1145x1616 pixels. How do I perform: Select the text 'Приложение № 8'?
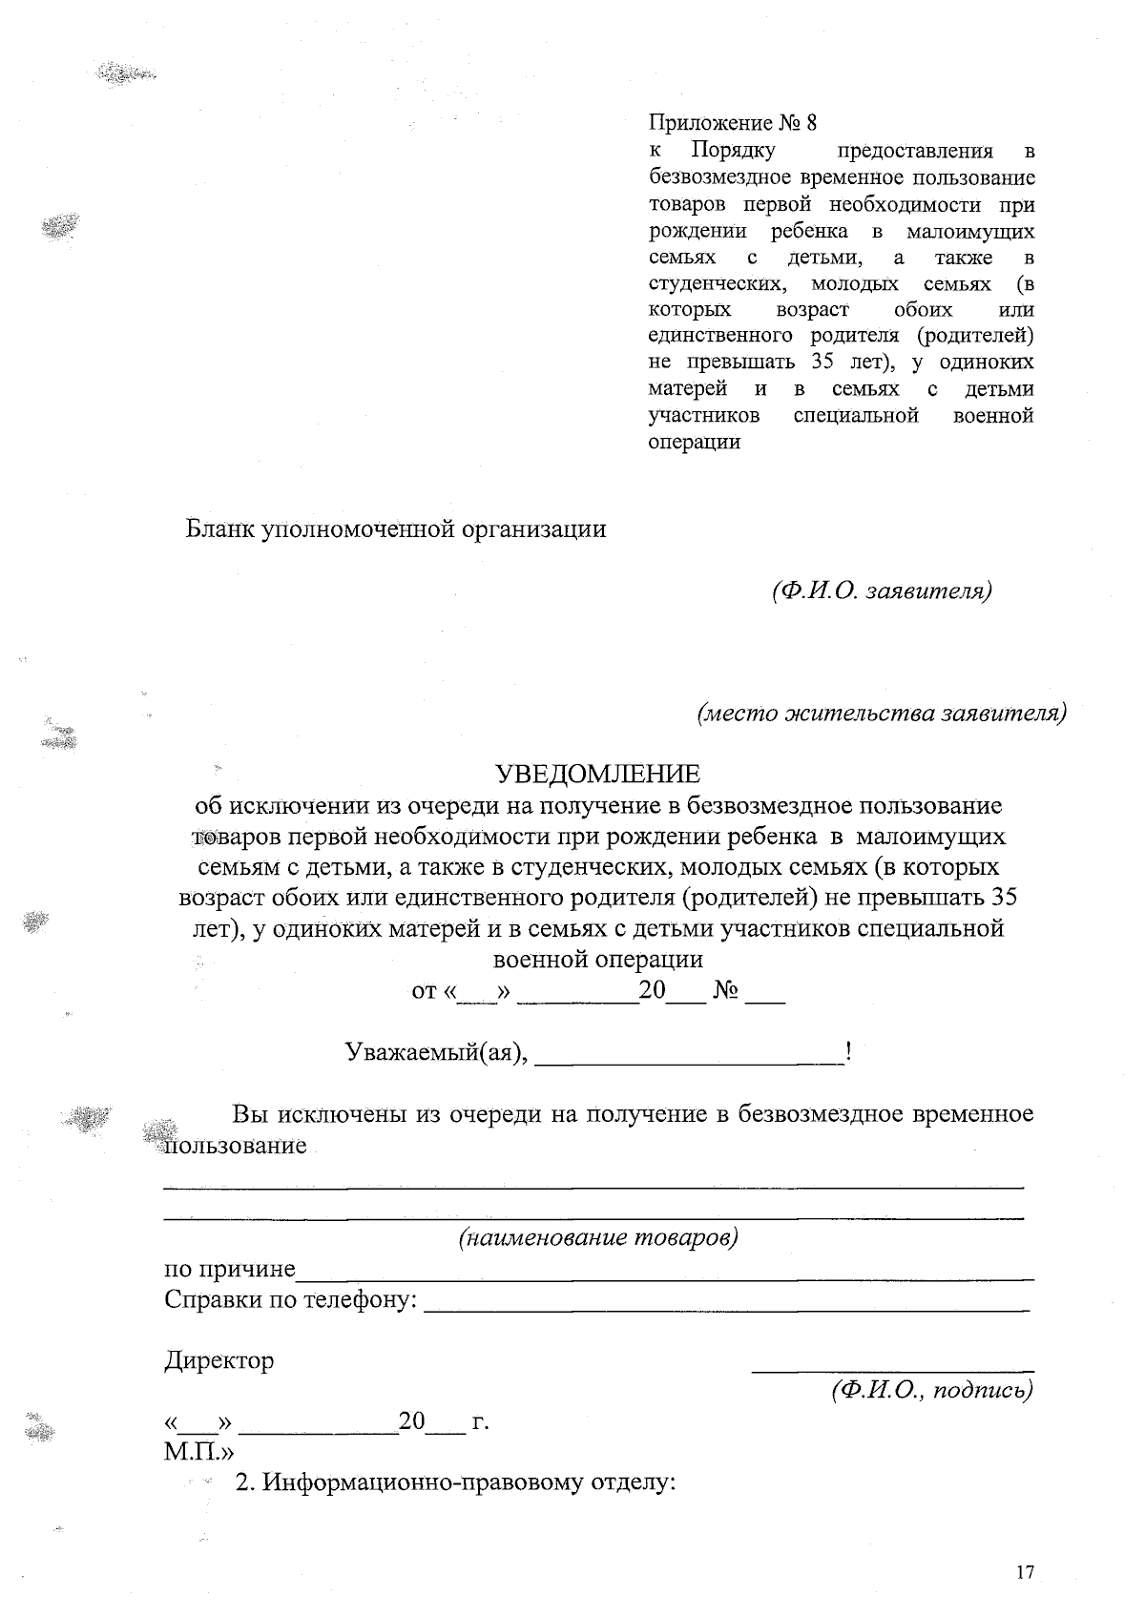point(733,123)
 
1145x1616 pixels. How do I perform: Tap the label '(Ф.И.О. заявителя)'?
point(882,590)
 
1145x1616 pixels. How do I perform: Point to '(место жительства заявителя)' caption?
point(881,713)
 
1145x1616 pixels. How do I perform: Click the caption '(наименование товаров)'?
point(598,1238)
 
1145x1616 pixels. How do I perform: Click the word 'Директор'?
point(219,1360)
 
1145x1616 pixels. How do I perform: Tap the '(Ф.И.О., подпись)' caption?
point(932,1390)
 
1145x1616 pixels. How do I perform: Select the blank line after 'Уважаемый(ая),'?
point(689,1061)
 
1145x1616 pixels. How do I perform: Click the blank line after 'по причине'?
point(664,1277)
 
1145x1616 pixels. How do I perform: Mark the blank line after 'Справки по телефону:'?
point(725,1308)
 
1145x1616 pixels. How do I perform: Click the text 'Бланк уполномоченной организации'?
point(396,528)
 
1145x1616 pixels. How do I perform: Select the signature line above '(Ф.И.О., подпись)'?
point(892,1372)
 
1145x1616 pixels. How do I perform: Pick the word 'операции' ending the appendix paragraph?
point(695,443)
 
